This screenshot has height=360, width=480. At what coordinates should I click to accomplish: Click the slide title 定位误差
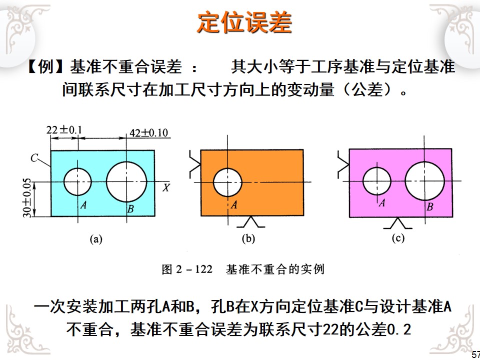pos(244,22)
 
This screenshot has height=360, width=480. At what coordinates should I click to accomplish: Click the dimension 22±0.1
pos(64,130)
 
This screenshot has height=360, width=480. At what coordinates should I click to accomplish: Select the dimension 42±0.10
pos(148,133)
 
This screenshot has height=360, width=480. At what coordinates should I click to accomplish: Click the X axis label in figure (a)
pos(167,188)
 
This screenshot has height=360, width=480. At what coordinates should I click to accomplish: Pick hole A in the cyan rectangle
pos(78,181)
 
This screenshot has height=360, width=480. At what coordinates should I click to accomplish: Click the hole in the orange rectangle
pos(227,182)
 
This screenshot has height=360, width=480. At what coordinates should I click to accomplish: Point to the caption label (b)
pos(248,238)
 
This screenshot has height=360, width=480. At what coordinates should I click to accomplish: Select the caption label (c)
pos(397,238)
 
